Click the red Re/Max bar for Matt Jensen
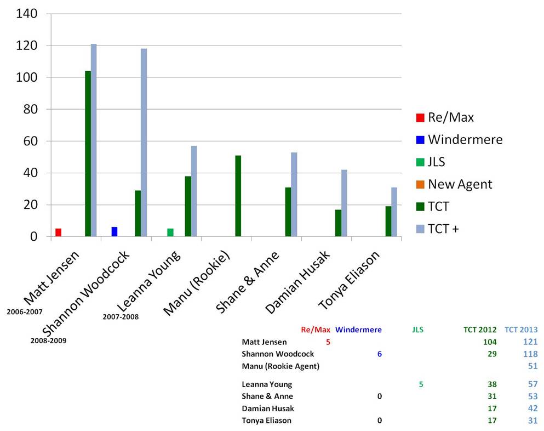pyautogui.click(x=58, y=232)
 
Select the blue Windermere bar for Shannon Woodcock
pyautogui.click(x=114, y=232)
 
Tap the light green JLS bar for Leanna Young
pyautogui.click(x=170, y=232)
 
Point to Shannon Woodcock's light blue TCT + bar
pyautogui.click(x=144, y=143)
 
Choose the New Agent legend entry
pyautogui.click(x=460, y=184)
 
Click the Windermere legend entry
pyautogui.click(x=465, y=139)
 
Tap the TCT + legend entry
pyautogui.click(x=443, y=229)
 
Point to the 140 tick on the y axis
pyautogui.click(x=27, y=14)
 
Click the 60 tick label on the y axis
pyautogui.click(x=31, y=141)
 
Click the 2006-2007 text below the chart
pyautogui.click(x=25, y=312)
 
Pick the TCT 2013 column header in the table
pyautogui.click(x=520, y=330)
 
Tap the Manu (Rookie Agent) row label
pyautogui.click(x=280, y=366)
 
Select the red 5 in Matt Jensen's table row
pyautogui.click(x=328, y=342)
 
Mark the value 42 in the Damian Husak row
pyautogui.click(x=531, y=409)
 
